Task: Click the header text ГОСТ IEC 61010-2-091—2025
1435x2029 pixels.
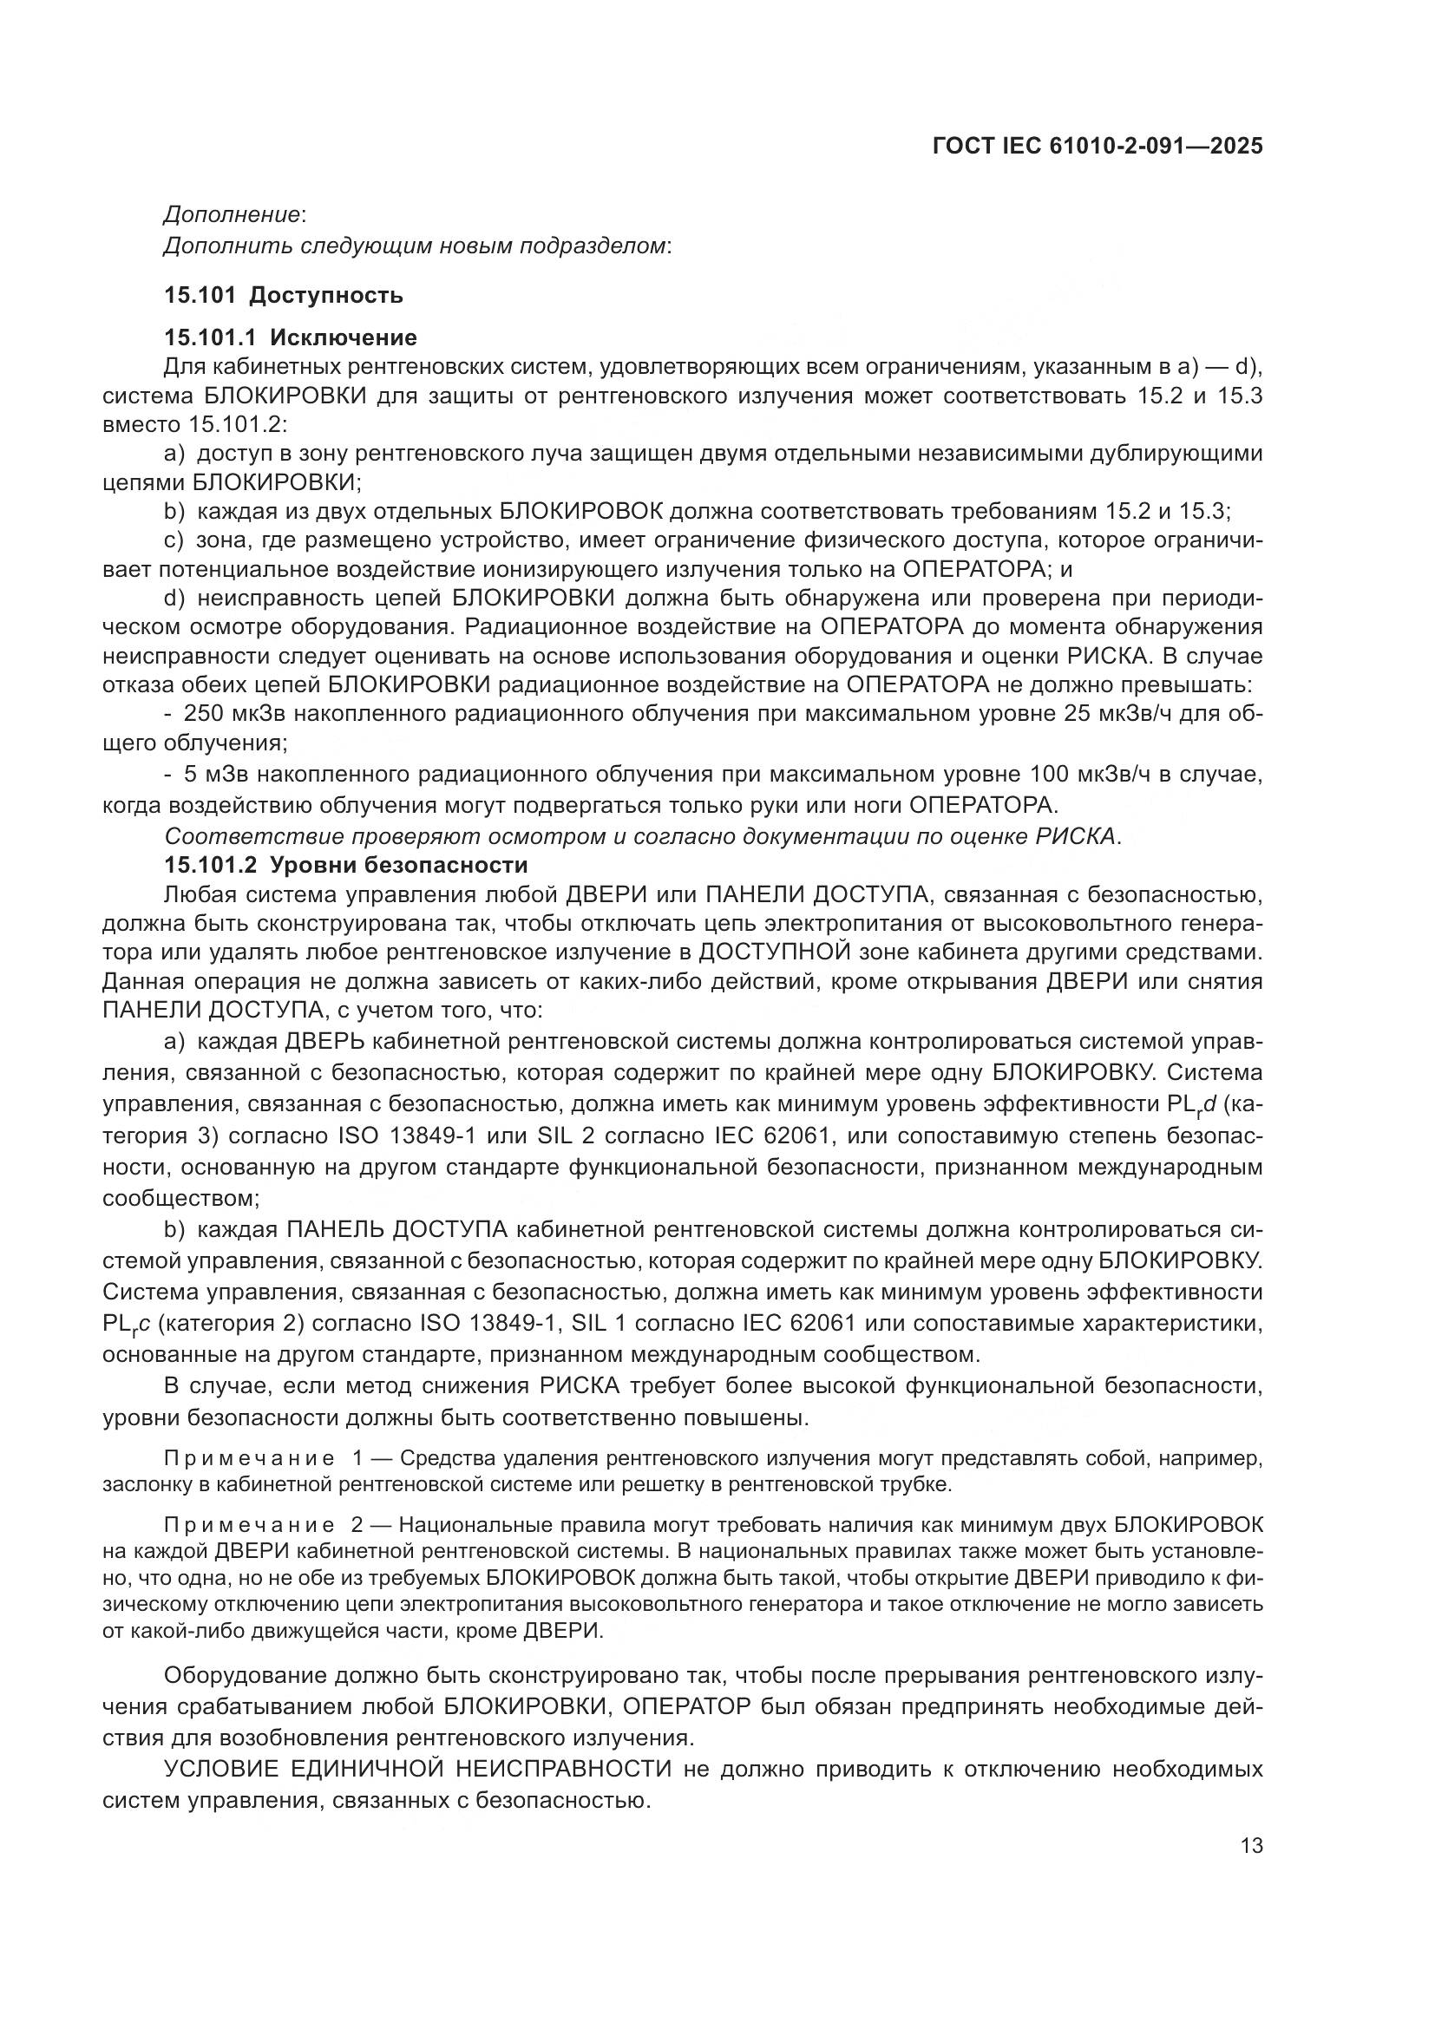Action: pos(1098,146)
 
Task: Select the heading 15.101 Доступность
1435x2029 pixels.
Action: pos(284,295)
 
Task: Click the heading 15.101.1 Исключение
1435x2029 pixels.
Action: pos(291,337)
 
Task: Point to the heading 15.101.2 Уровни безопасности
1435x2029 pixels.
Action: pos(345,864)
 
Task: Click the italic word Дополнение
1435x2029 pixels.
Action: pos(232,215)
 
